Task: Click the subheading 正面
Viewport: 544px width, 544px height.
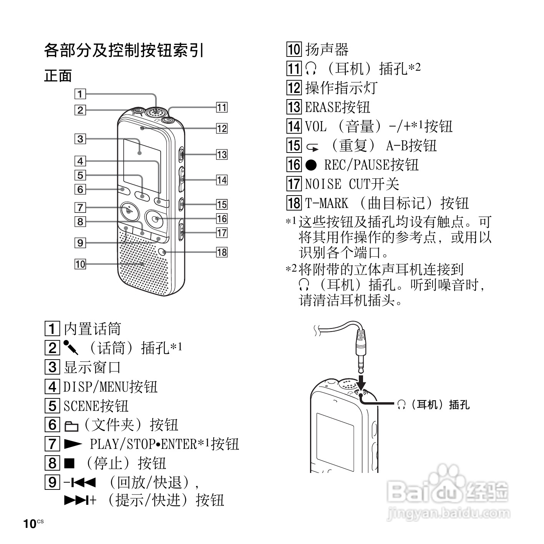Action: pos(58,75)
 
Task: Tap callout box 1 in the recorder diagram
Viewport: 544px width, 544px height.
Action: pos(80,94)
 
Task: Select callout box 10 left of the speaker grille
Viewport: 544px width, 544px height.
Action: pos(80,264)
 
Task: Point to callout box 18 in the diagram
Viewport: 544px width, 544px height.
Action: pos(222,252)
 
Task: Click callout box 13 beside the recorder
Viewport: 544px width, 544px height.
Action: pos(222,154)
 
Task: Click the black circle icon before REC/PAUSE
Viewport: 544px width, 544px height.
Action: pos(311,165)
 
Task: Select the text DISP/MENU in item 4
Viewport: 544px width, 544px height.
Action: pos(96,386)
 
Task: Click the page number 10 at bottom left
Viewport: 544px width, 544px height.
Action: pos(30,524)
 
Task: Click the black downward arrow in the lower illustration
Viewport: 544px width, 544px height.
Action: pos(361,383)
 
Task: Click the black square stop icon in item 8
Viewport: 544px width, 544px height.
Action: pos(69,463)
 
